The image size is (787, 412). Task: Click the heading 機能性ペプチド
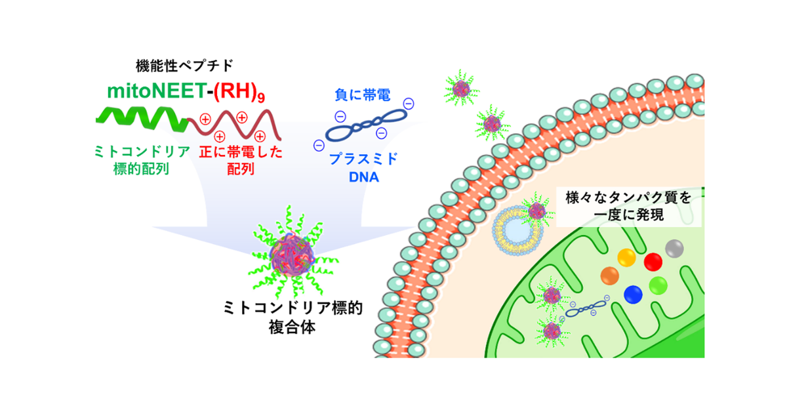[185, 66]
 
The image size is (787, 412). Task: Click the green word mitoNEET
[157, 91]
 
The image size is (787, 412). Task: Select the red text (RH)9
[239, 91]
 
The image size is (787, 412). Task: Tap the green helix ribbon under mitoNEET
[142, 119]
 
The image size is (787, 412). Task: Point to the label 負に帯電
[362, 95]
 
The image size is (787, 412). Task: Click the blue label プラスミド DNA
[363, 168]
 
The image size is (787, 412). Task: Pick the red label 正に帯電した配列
[241, 160]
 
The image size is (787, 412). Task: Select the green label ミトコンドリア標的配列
[142, 160]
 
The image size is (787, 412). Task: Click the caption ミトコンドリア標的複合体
[293, 317]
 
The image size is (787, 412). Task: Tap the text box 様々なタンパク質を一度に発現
[628, 207]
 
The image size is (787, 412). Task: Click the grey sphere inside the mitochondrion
[674, 249]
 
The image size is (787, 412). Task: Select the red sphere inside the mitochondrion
[653, 262]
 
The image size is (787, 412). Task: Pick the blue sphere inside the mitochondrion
[633, 295]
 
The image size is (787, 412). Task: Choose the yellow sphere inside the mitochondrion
[626, 258]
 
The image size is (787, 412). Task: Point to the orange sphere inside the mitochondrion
[609, 276]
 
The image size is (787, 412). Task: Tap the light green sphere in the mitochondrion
[658, 285]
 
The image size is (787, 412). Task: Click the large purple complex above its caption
[292, 255]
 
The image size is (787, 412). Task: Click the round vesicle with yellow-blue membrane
[517, 230]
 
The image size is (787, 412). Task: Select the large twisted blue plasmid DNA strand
[365, 125]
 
